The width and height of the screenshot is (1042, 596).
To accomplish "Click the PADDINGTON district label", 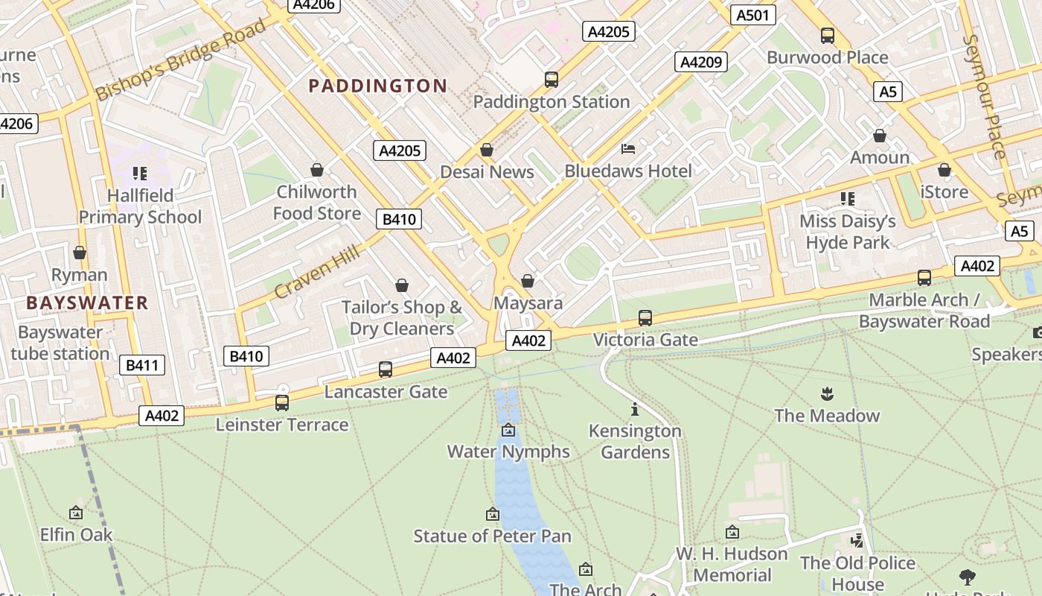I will (x=378, y=86).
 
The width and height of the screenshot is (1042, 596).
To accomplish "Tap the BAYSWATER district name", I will (x=87, y=303).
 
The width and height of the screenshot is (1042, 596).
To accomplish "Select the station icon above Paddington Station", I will (x=552, y=79).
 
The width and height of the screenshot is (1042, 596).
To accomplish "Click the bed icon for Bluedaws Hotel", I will (x=628, y=149).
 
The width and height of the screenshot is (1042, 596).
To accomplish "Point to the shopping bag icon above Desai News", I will (x=487, y=150).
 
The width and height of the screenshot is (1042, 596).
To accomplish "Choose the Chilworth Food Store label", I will (x=317, y=203).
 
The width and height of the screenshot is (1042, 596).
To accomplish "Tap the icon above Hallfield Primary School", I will (x=140, y=174).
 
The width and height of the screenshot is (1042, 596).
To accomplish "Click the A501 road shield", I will (x=753, y=15).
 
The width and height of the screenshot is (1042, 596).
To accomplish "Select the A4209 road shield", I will (x=700, y=62).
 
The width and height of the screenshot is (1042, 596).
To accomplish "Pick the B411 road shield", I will (x=142, y=365).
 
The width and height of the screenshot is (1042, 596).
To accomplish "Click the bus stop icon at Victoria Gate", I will (x=645, y=318).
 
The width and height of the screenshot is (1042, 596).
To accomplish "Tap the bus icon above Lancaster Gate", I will (x=386, y=369).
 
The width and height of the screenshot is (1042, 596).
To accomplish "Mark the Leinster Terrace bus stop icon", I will (x=282, y=403).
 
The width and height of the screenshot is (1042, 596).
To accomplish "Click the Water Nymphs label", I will (x=508, y=451).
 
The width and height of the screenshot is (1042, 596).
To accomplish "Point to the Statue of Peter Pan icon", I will (x=492, y=514).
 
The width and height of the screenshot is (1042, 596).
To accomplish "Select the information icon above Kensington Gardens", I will (x=635, y=409).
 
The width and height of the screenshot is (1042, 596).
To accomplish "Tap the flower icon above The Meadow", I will (x=826, y=393).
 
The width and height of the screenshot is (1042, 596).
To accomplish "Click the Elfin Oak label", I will (x=76, y=535).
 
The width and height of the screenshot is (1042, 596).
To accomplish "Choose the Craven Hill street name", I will (x=317, y=271).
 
